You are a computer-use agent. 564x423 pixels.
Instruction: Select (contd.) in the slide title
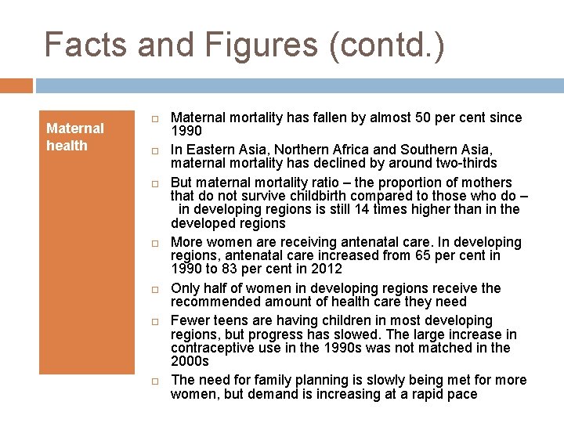[x=387, y=45]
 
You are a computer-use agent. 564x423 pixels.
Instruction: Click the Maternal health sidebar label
[x=74, y=136]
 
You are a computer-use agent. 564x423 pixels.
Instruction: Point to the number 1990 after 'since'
[x=186, y=131]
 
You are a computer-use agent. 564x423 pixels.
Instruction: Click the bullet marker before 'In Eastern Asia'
[x=155, y=150]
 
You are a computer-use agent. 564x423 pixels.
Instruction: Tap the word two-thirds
[x=461, y=163]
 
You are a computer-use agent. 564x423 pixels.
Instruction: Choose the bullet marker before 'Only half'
[x=155, y=290]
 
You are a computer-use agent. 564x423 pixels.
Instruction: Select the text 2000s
[x=190, y=361]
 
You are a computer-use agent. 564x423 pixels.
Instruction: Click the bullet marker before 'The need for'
[x=155, y=381]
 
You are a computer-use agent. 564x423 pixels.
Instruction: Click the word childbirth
[x=282, y=196]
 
